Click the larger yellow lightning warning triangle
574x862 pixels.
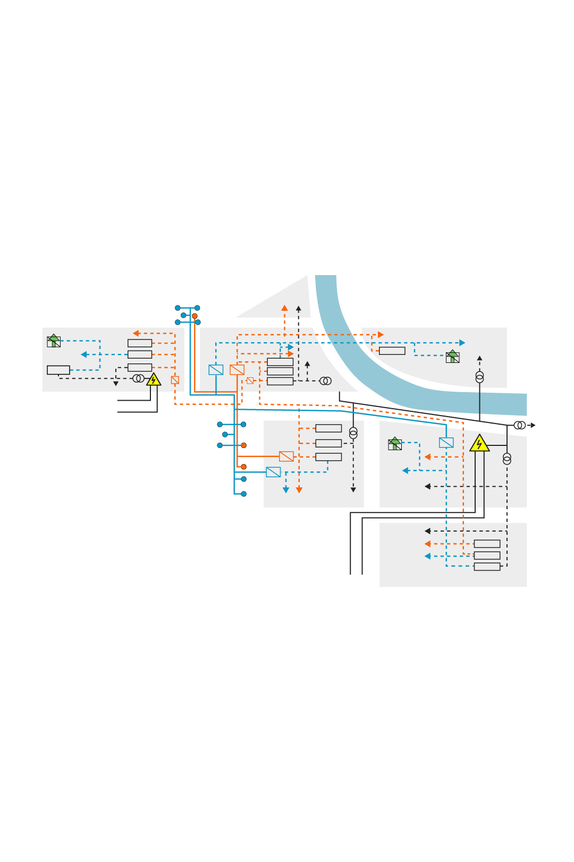pos(479,444)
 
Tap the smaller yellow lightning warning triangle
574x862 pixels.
pos(154,379)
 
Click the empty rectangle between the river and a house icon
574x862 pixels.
pos(392,351)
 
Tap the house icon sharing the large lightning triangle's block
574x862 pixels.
pos(395,444)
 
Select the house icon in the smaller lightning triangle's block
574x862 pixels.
pos(54,341)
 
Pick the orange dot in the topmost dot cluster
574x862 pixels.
pos(195,316)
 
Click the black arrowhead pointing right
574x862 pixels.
pos(533,425)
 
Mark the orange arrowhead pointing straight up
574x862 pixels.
pos(284,308)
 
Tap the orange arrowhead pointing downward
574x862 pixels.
pos(299,490)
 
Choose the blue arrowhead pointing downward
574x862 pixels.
pos(286,490)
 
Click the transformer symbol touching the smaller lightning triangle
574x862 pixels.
pos(138,378)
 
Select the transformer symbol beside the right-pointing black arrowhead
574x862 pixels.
pos(520,425)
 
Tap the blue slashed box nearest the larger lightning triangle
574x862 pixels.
pos(446,442)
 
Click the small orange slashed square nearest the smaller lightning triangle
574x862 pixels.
pos(175,380)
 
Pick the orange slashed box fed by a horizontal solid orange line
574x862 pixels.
pos(286,456)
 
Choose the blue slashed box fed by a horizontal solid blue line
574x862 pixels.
pos(273,471)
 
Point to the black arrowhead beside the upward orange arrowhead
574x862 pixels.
pos(298,308)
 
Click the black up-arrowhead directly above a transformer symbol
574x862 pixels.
pos(479,359)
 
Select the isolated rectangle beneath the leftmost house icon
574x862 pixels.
pos(58,370)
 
